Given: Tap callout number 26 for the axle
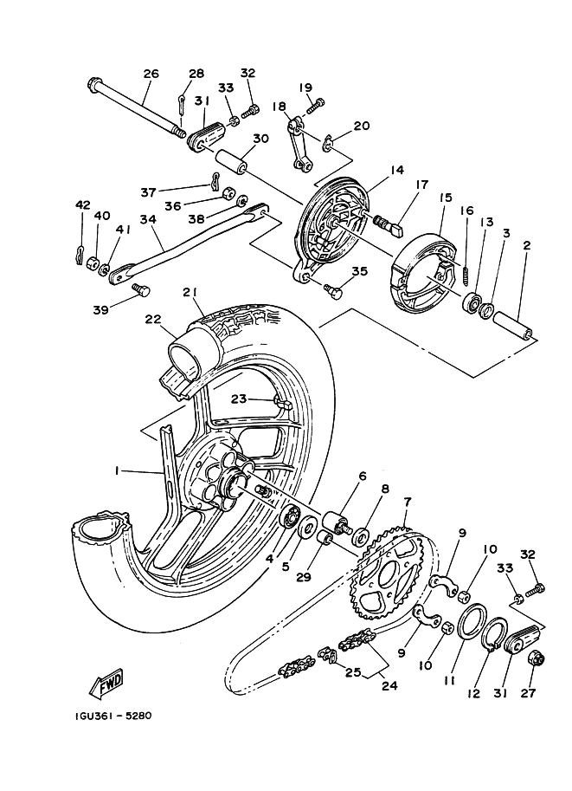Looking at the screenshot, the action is click(151, 74).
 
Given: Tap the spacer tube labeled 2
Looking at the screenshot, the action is click(513, 326).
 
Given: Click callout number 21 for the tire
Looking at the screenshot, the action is click(190, 293).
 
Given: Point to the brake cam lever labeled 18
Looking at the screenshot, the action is click(300, 142).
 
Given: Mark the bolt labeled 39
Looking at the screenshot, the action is click(140, 290).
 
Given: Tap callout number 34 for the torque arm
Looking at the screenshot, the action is click(149, 220).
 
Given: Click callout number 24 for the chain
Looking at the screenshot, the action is click(389, 685).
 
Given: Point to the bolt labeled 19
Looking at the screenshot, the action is click(314, 107).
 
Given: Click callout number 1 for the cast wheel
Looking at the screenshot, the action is click(117, 470).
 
